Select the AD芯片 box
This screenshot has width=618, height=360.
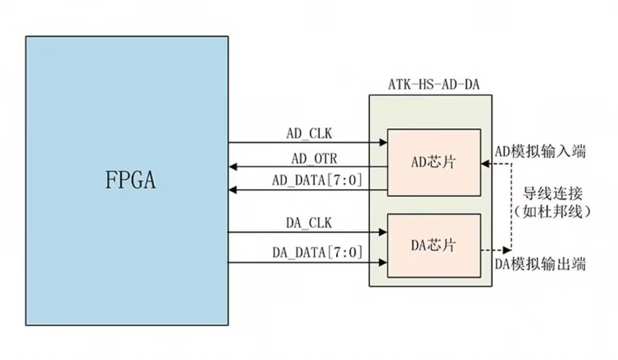434,163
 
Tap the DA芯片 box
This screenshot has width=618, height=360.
434,245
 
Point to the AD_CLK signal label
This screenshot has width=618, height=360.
310,134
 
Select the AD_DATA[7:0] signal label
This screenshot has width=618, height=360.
317,181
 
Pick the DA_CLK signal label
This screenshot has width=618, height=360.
309,223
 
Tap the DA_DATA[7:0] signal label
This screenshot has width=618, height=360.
317,253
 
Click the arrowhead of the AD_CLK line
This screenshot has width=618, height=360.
383,142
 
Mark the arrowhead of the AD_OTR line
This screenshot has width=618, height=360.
233,167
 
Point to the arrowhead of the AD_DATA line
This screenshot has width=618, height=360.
233,190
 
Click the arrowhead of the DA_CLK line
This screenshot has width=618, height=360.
383,232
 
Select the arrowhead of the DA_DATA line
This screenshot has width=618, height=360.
383,261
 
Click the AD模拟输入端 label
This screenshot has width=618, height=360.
540,152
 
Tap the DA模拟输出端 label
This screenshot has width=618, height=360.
540,263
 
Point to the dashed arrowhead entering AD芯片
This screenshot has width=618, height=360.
485,164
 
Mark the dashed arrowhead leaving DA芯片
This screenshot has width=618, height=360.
508,249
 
